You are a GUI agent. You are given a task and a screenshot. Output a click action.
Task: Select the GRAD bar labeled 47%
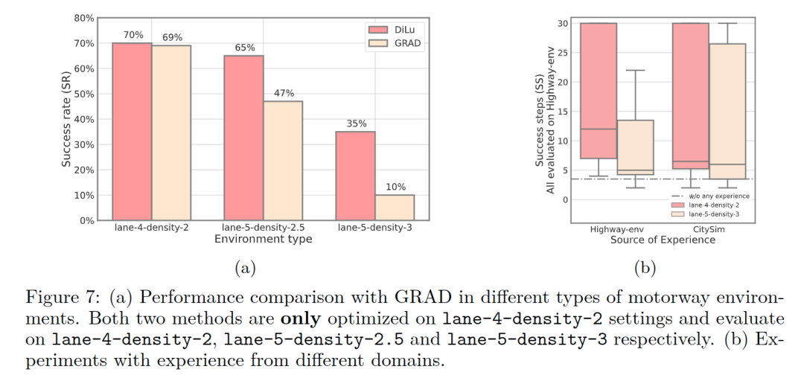283,161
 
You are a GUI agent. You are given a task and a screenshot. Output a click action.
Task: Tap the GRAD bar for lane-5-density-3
395,208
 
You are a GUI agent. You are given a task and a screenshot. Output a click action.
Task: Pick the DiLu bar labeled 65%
243,138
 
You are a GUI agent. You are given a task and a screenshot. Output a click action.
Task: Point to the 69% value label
171,37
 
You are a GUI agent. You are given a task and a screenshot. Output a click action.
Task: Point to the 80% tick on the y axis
84,18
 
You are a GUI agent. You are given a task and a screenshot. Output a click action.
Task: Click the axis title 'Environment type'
263,240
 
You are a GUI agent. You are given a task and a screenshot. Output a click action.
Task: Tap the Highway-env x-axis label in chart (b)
617,230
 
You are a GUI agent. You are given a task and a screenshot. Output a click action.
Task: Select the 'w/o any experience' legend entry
714,196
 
